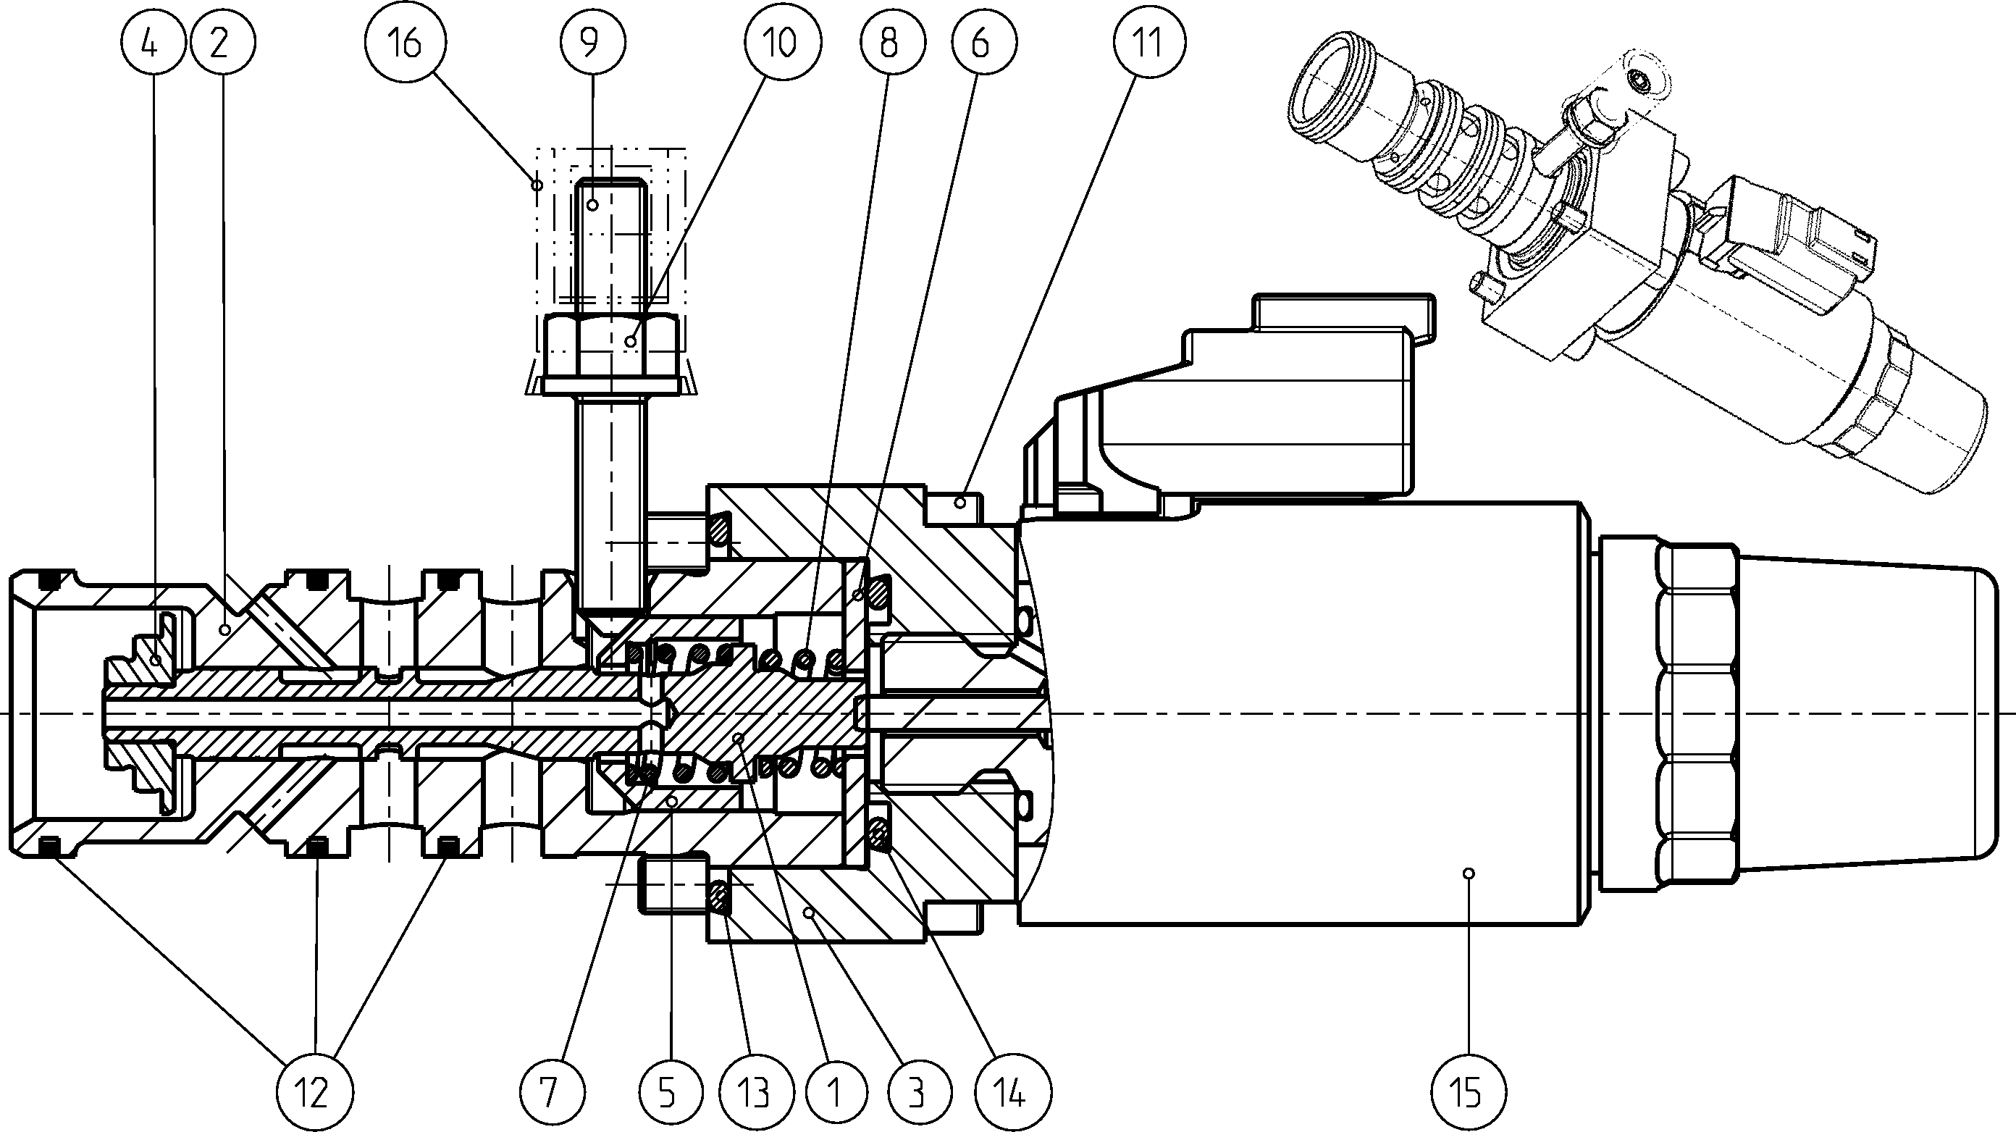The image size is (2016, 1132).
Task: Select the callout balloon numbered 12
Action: point(313,1091)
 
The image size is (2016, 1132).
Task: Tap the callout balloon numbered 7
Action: point(552,1091)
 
